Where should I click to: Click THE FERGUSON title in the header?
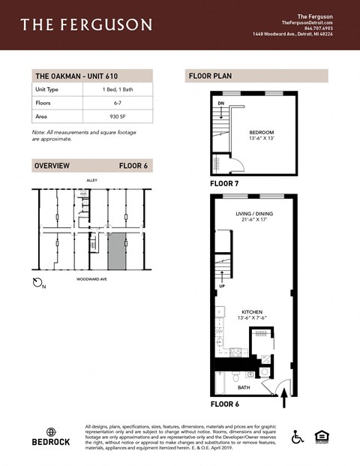point(86,25)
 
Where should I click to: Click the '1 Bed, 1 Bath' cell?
point(116,89)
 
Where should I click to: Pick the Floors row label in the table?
point(43,104)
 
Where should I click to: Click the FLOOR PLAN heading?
point(208,76)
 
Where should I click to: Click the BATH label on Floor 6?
point(244,388)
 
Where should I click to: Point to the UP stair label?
point(221,285)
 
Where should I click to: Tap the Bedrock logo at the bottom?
point(51,437)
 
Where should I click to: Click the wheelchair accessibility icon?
point(297,436)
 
